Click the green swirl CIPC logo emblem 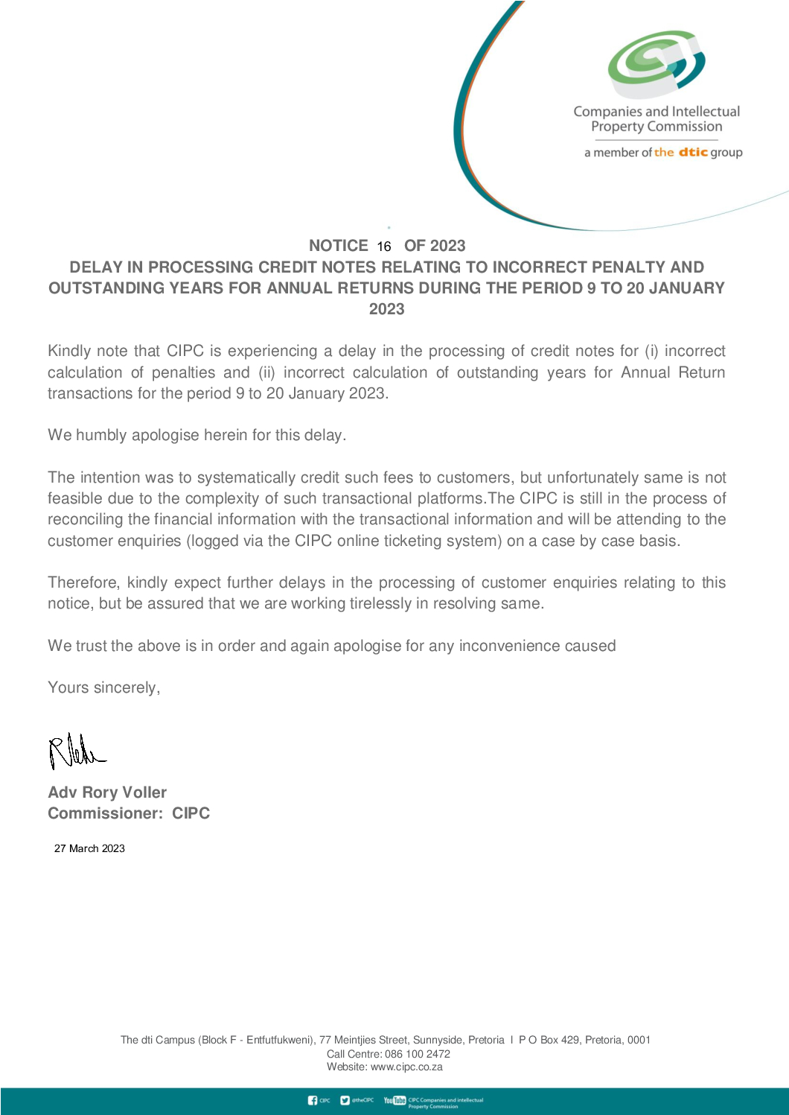pyautogui.click(x=656, y=63)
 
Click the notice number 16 pyautogui.click(x=384, y=247)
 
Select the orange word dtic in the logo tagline pyautogui.click(x=693, y=152)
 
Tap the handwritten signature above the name pyautogui.click(x=76, y=751)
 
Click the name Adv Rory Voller pyautogui.click(x=107, y=792)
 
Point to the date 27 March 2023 pyautogui.click(x=89, y=848)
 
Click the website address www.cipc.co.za pyautogui.click(x=406, y=1067)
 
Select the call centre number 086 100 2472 pyautogui.click(x=417, y=1054)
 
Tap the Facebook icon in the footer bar pyautogui.click(x=313, y=1100)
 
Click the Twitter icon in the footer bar pyautogui.click(x=345, y=1100)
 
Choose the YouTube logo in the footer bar pyautogui.click(x=394, y=1100)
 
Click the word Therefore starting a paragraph pyautogui.click(x=83, y=582)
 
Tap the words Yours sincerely pyautogui.click(x=103, y=687)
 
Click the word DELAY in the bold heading pyautogui.click(x=97, y=267)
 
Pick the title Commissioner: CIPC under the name pyautogui.click(x=129, y=813)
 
